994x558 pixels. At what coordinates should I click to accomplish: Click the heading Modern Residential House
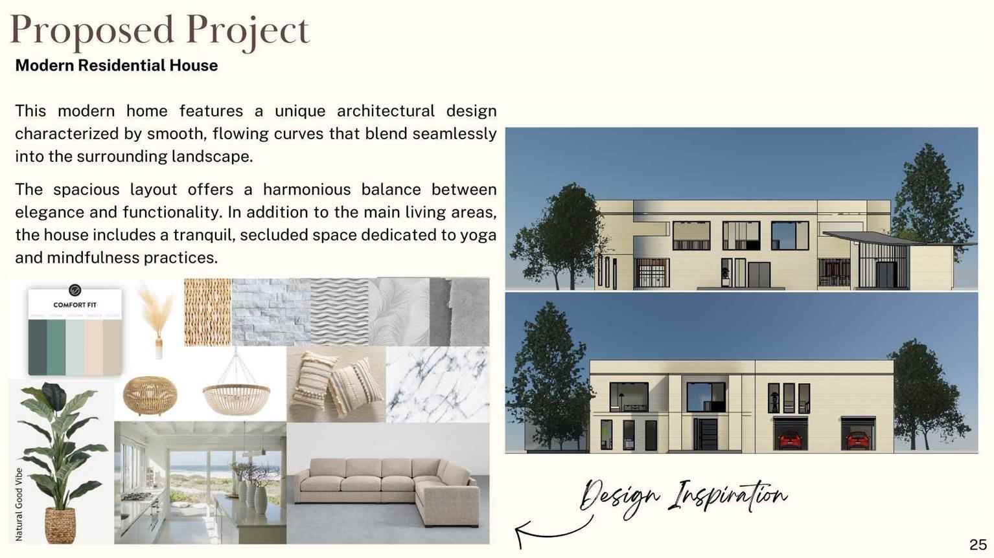pyautogui.click(x=116, y=65)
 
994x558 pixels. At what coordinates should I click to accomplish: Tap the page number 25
pyautogui.click(x=978, y=544)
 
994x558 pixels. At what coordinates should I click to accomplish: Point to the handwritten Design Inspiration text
pyautogui.click(x=684, y=497)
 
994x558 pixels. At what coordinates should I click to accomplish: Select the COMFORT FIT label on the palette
pyautogui.click(x=75, y=305)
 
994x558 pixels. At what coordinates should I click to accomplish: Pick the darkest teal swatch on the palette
pyautogui.click(x=38, y=346)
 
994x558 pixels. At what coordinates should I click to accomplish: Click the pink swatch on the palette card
pyautogui.click(x=93, y=346)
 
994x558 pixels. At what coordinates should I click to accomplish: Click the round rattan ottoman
pyautogui.click(x=150, y=396)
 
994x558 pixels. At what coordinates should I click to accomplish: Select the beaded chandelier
pyautogui.click(x=236, y=390)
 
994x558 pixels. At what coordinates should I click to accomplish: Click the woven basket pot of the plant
pyautogui.click(x=60, y=525)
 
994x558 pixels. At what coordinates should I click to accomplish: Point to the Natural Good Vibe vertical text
pyautogui.click(x=19, y=504)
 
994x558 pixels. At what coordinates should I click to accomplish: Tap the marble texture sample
pyautogui.click(x=437, y=384)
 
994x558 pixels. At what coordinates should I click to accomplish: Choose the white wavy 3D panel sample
pyautogui.click(x=339, y=311)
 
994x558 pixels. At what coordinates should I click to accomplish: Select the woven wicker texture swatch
pyautogui.click(x=207, y=311)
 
